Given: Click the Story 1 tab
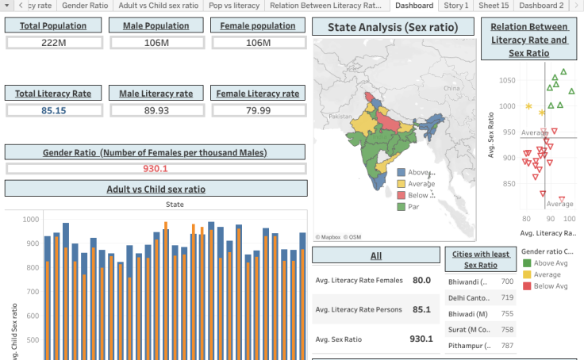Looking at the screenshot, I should pos(455,6).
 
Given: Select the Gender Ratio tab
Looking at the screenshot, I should pos(85,6).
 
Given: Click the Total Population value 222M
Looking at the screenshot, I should pos(53,42).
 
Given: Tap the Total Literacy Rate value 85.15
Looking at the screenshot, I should pos(53,110).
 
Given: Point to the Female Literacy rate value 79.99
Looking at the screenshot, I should pos(258,110).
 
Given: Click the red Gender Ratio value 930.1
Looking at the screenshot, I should pos(155,168).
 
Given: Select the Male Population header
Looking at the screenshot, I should pos(156,25).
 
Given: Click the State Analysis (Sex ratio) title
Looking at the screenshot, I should pos(393,28).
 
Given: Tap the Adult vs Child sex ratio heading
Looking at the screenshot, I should pos(156,189).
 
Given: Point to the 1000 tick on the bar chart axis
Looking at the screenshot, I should pos(31,220).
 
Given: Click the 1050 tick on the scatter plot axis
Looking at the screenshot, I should pos(506,80).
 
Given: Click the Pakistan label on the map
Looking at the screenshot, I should pos(339,117).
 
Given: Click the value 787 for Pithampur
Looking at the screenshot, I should pos(506,346).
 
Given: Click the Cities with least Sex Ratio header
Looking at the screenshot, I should pos(481,259).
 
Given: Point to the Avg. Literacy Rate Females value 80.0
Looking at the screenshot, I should pos(421,280).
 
